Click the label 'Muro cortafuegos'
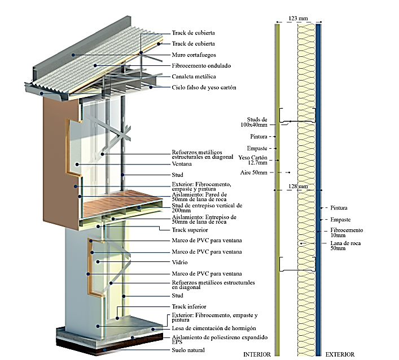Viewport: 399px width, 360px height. click(194, 55)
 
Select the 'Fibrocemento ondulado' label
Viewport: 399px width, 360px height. click(201, 66)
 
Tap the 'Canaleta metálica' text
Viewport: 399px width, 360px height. click(194, 77)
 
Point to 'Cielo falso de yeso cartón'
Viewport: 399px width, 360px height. click(204, 87)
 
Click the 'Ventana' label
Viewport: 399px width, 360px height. click(182, 164)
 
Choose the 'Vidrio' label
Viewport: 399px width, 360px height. click(179, 262)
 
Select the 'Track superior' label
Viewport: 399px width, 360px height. click(190, 230)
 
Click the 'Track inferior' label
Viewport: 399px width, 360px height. click(189, 306)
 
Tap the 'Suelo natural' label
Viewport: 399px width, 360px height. click(188, 350)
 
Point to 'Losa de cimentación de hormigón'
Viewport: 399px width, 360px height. click(214, 328)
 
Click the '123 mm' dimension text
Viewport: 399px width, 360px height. click(298, 18)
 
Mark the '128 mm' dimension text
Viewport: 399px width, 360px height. click(298, 186)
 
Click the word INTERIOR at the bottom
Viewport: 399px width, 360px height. click(257, 354)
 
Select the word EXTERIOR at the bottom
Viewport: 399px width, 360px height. click(340, 354)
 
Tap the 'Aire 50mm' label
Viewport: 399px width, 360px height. click(254, 173)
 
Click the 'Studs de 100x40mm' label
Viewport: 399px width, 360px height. click(254, 122)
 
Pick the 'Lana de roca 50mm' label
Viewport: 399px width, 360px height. click(345, 246)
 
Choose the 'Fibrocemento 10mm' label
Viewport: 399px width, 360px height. click(347, 233)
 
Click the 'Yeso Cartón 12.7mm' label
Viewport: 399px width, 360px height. click(253, 160)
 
